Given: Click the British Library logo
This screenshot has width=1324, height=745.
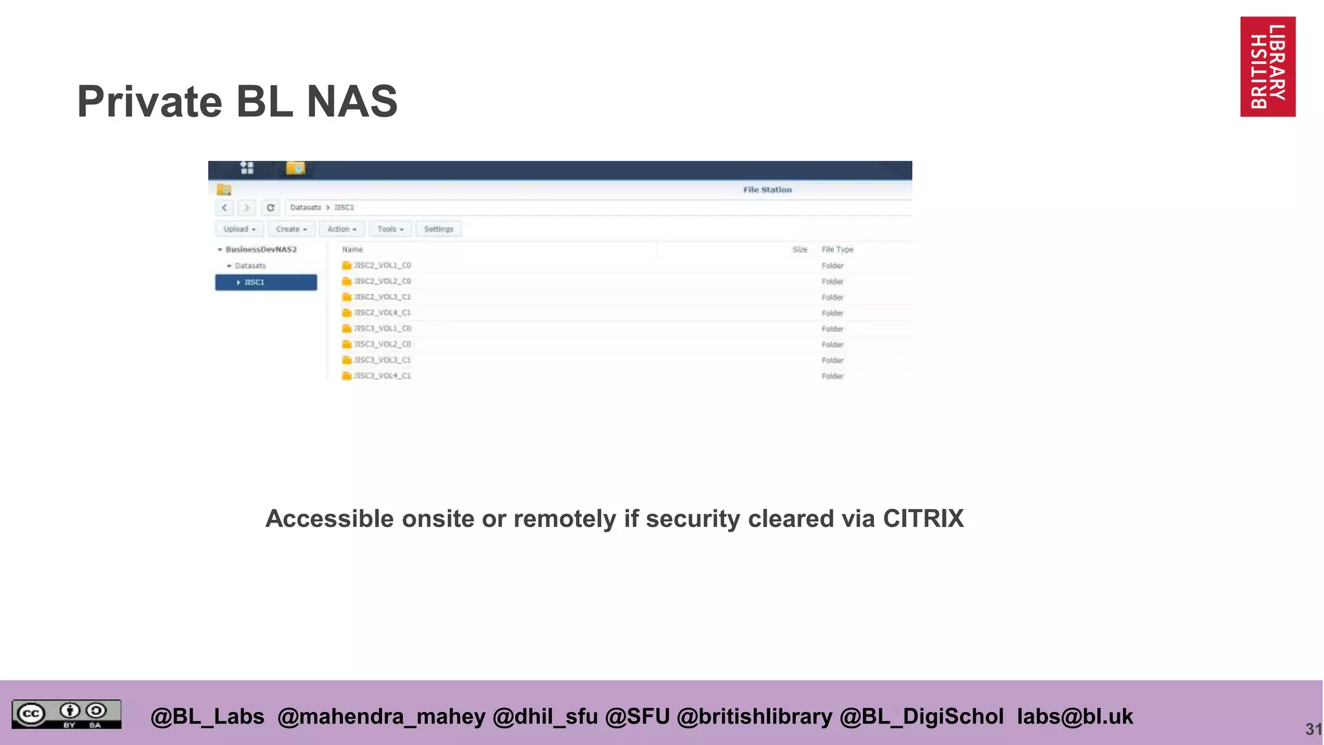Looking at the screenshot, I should click(x=1267, y=67).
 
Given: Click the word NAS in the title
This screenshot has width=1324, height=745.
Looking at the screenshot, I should click(x=352, y=102).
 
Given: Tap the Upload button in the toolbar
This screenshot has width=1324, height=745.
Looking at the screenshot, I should click(x=239, y=229).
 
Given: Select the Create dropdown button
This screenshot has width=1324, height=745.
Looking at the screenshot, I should click(x=291, y=229).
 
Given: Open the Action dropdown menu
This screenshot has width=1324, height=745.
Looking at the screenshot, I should click(x=341, y=229).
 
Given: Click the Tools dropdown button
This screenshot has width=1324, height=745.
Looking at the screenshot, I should click(x=390, y=229).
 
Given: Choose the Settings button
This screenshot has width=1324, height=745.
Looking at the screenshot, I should click(x=438, y=229).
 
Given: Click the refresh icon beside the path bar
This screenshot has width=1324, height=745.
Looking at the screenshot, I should click(x=270, y=208).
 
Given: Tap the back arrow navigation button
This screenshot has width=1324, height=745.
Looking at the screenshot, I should click(x=224, y=208).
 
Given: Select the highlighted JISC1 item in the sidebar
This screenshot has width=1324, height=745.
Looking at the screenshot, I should click(x=266, y=282).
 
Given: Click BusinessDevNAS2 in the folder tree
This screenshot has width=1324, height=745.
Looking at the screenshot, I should click(x=261, y=250).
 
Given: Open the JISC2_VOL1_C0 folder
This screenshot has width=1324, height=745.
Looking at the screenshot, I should click(x=382, y=265).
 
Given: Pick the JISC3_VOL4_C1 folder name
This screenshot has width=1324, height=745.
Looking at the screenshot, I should click(x=382, y=376).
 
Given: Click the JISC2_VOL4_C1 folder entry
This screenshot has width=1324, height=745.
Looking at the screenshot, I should click(x=382, y=313).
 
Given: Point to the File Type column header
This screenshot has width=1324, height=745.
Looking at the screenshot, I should click(x=837, y=250).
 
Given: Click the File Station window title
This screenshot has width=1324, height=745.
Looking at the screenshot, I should click(x=767, y=189).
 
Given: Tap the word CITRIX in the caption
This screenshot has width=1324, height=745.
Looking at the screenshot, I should click(x=923, y=519).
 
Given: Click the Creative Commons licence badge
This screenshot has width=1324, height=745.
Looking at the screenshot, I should click(x=66, y=714).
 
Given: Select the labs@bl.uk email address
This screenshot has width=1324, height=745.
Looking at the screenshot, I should click(x=1074, y=717).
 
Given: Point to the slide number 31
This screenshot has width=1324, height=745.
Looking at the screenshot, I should click(x=1313, y=729).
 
